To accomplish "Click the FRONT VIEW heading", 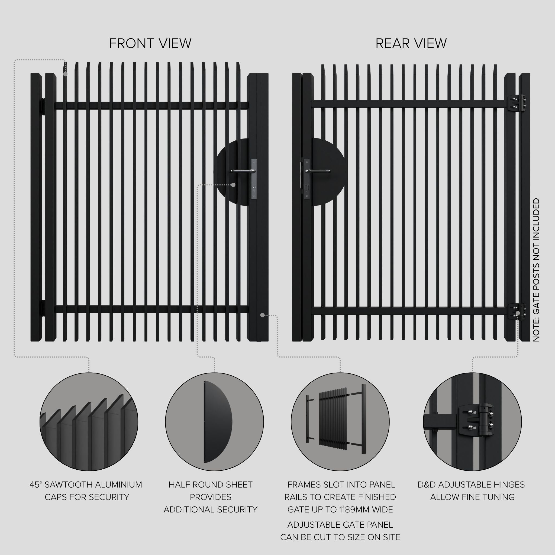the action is [150, 43].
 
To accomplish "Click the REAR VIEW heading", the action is [411, 43].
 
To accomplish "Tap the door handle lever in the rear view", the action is [317, 171].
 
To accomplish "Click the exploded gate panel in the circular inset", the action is [333, 420].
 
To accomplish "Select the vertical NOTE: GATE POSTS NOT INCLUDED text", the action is [536, 270].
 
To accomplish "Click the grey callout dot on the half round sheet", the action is [233, 185].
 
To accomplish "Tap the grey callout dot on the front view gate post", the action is [262, 315].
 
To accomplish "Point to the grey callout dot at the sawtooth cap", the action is [66, 74].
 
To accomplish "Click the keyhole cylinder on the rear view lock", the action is [307, 187].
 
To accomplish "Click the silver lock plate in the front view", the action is [254, 179].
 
